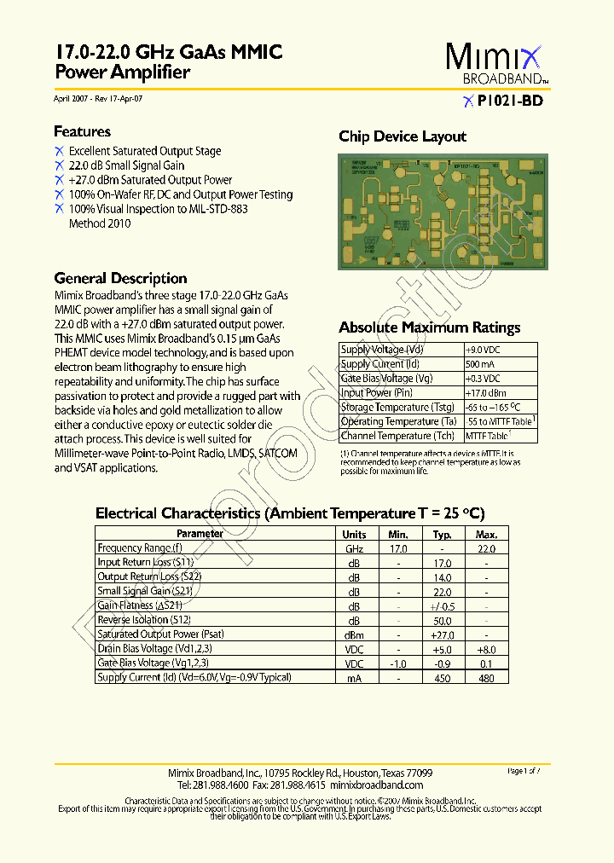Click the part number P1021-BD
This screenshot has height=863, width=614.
[x=509, y=101]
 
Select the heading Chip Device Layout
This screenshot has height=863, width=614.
[x=403, y=136]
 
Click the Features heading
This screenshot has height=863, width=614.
[x=82, y=131]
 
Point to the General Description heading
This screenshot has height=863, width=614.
[x=120, y=278]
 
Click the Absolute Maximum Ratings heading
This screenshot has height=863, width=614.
[x=429, y=327]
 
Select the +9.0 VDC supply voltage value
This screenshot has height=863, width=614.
[x=483, y=350]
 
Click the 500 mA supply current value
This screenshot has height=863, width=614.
[x=481, y=364]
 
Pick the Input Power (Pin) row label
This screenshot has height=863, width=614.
[x=376, y=393]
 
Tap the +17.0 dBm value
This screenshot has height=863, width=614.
[x=484, y=393]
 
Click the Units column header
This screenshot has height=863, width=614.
[x=354, y=534]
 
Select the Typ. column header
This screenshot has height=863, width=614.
[x=442, y=534]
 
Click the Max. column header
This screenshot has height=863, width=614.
[x=486, y=534]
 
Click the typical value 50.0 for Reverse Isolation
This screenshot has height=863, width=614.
[x=442, y=620]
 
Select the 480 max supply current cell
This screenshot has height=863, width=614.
[x=486, y=678]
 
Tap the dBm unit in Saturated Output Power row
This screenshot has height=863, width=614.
[x=354, y=634]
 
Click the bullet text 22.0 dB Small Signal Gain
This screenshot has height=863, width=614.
[x=126, y=165]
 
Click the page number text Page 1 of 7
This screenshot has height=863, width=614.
[x=524, y=771]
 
